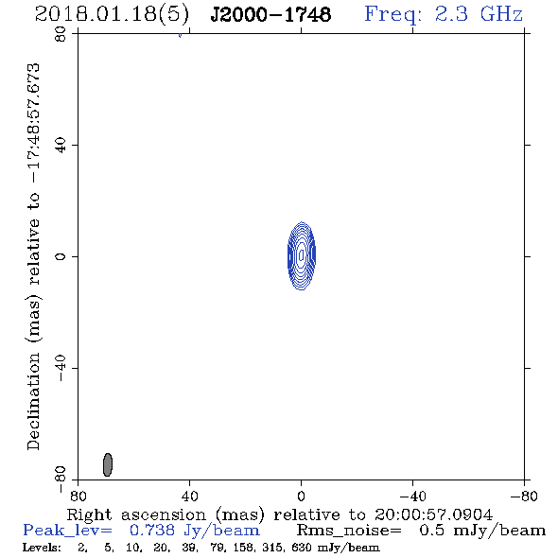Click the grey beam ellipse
pyautogui.click(x=108, y=464)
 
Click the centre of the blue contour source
pyautogui.click(x=302, y=255)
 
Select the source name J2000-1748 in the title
pyautogui.click(x=270, y=14)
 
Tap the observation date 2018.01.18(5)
pyautogui.click(x=112, y=14)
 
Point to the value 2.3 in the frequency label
pyautogui.click(x=451, y=14)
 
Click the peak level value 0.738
pyautogui.click(x=152, y=531)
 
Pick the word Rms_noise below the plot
pyautogui.click(x=349, y=531)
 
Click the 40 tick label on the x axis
pyautogui.click(x=189, y=497)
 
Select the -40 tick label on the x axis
pyautogui.click(x=412, y=497)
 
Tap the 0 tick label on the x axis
pyautogui.click(x=301, y=497)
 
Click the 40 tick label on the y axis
pyautogui.click(x=61, y=146)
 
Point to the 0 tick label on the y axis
pyautogui.click(x=61, y=256)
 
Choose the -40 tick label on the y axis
pyautogui.click(x=61, y=368)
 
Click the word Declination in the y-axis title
pyautogui.click(x=33, y=401)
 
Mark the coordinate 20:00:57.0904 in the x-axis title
pyautogui.click(x=433, y=514)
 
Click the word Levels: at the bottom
pyautogui.click(x=42, y=548)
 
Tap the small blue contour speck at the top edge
pyautogui.click(x=180, y=35)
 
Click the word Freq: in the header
pyautogui.click(x=393, y=14)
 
